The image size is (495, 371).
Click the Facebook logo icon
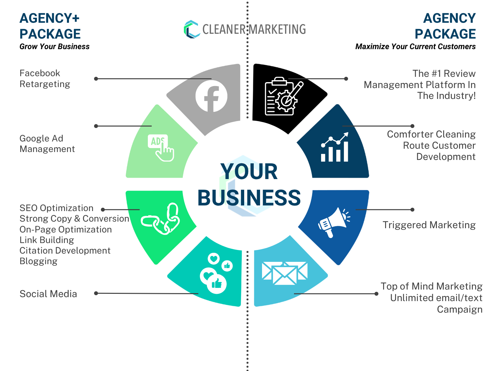point(212,96)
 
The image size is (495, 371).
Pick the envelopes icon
point(284,273)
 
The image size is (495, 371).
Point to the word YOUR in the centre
point(249,171)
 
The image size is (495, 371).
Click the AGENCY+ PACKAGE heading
point(50,26)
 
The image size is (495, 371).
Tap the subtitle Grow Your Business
point(54,46)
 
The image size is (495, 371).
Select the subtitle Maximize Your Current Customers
point(415,46)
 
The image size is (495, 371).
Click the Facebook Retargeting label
point(45,78)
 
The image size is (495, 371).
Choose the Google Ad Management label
point(47,143)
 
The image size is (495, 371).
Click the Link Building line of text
point(47,240)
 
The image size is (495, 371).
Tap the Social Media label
point(48,294)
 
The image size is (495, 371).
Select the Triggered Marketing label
point(429,225)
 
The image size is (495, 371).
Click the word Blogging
point(38,261)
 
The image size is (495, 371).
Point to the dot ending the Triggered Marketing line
point(412,210)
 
